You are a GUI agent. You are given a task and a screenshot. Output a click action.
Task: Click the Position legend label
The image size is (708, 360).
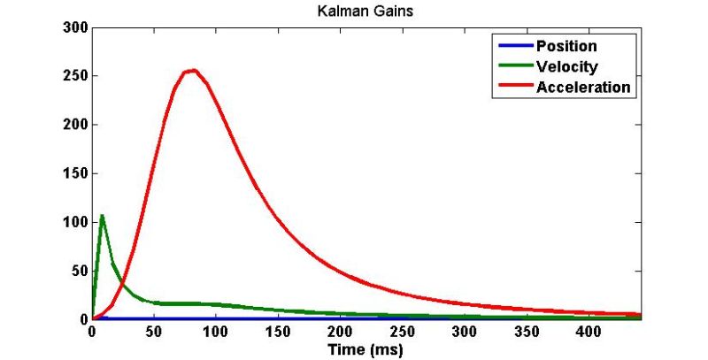(566, 46)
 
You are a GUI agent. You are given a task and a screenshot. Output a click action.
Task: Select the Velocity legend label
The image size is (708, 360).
(566, 66)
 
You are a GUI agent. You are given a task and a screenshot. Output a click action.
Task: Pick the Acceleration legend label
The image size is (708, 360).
(583, 87)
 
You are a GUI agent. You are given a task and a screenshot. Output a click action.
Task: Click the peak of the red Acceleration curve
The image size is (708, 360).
(192, 70)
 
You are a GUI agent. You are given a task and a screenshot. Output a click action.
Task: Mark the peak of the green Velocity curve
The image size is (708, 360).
(102, 215)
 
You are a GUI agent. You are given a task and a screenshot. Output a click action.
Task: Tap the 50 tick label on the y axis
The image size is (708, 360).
(76, 270)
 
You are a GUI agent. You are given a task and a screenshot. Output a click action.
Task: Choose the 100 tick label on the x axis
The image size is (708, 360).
(215, 333)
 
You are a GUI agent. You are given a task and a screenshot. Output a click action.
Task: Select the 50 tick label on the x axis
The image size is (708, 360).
(153, 333)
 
